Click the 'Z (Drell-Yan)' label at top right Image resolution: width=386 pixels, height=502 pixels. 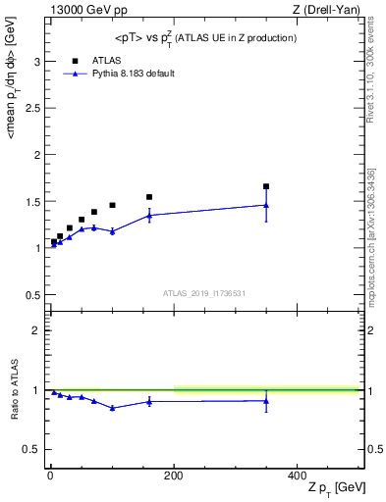[327, 9]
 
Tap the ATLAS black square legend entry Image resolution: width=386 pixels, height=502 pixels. [75, 61]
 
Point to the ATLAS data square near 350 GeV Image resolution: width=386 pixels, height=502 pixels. [266, 186]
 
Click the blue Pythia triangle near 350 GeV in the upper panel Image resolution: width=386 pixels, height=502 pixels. [266, 205]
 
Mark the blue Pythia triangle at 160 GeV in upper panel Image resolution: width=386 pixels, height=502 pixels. [149, 215]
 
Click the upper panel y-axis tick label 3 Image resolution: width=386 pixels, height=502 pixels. [36, 62]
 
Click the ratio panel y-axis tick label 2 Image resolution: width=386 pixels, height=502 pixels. [36, 330]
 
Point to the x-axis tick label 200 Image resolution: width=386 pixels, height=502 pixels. [174, 475]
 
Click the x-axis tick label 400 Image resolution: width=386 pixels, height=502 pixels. [297, 475]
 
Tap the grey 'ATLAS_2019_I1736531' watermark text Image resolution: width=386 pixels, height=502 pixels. [204, 293]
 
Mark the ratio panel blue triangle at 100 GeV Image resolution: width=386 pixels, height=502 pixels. [112, 408]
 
